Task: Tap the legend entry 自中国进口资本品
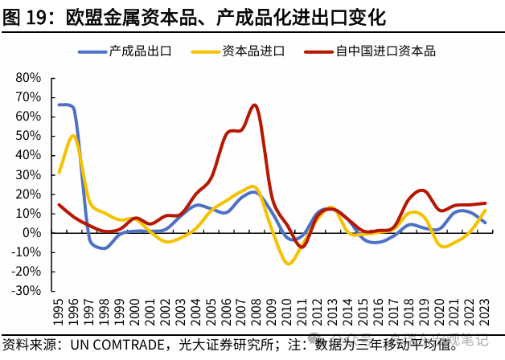pyautogui.click(x=385, y=52)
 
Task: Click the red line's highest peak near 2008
pyautogui.click(x=254, y=104)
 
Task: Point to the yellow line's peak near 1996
pyautogui.click(x=73, y=135)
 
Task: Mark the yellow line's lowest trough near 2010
pyautogui.click(x=288, y=264)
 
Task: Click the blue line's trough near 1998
pyautogui.click(x=101, y=248)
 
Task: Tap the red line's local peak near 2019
pyautogui.click(x=421, y=190)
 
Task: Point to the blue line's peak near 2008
pyautogui.click(x=252, y=191)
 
